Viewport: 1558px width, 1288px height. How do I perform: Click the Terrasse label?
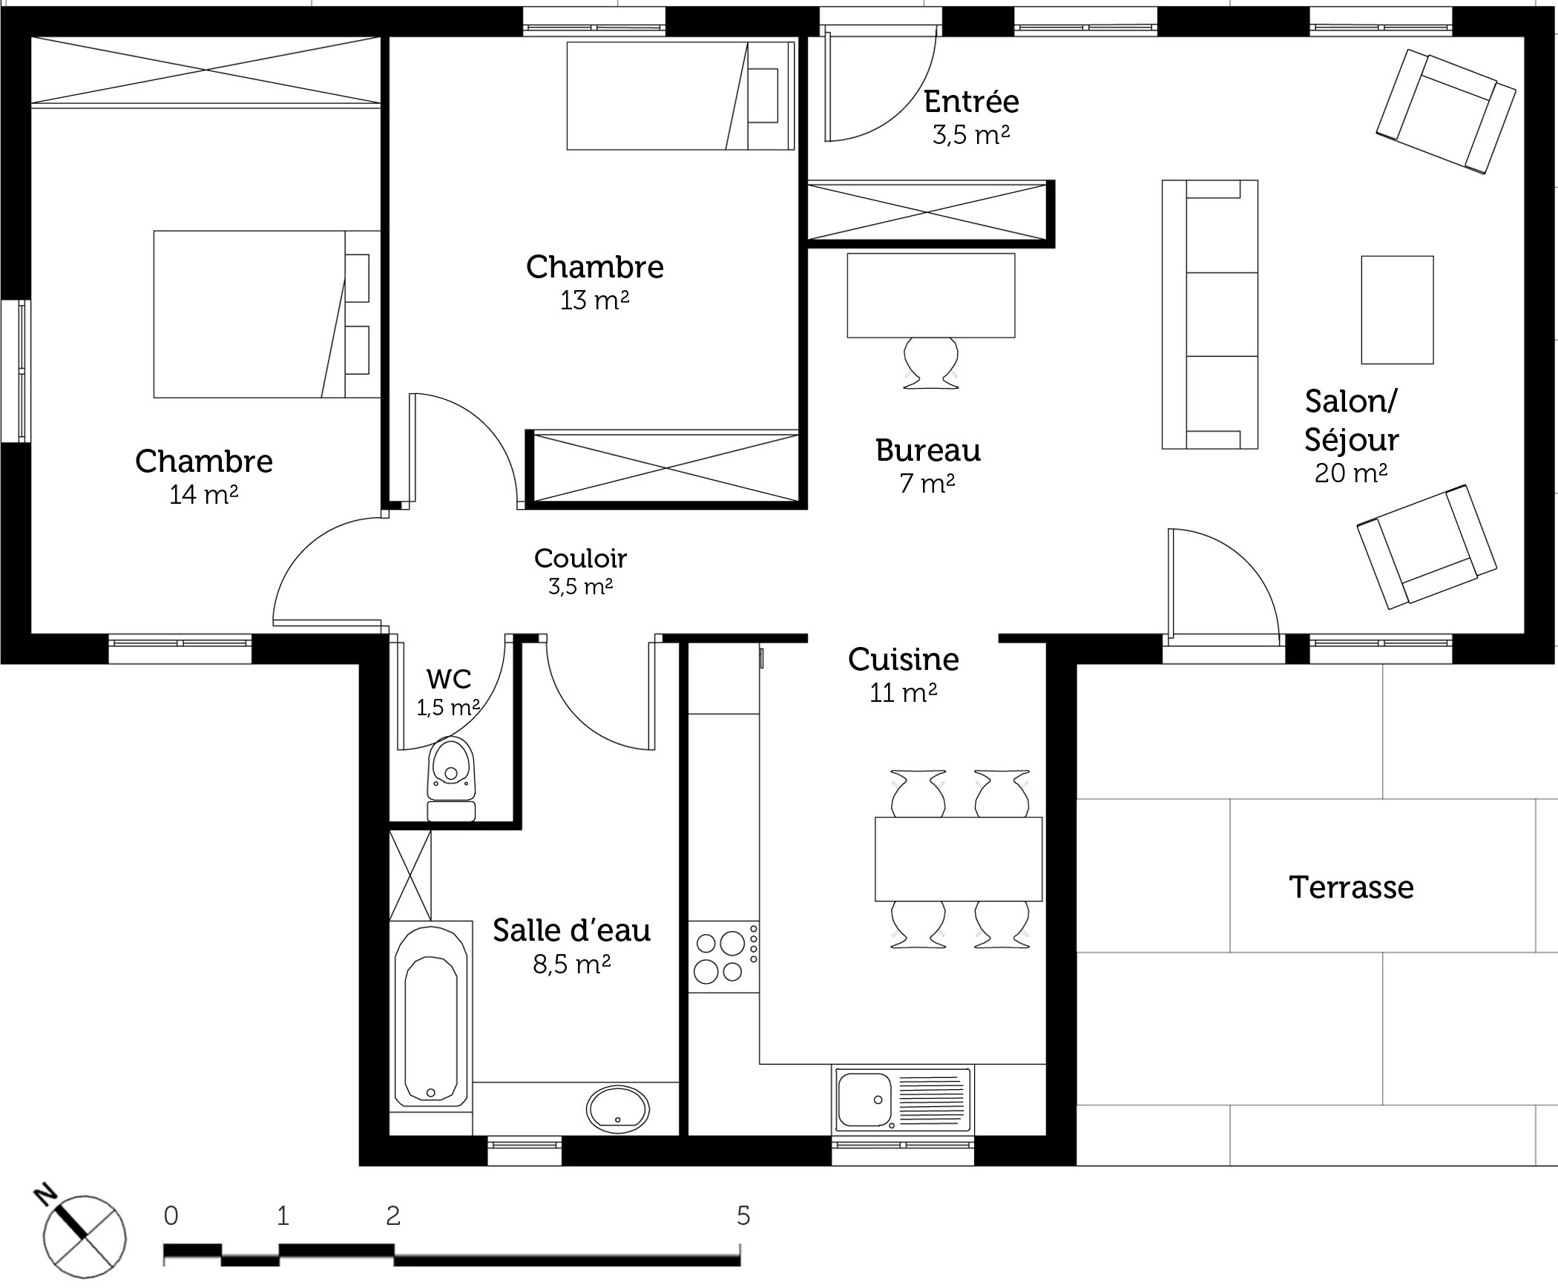(1351, 887)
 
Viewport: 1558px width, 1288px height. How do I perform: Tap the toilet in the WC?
(451, 779)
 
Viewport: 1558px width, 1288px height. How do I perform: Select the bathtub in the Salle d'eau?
(430, 1016)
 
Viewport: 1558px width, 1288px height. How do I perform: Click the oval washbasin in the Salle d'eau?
(618, 1110)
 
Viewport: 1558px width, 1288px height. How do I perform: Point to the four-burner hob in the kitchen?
(723, 956)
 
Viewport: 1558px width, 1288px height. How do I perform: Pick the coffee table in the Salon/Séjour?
(1397, 310)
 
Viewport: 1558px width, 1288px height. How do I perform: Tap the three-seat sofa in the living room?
(1210, 315)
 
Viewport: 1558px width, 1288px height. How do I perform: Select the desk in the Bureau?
(931, 295)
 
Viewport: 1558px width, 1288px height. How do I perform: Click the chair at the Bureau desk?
(931, 363)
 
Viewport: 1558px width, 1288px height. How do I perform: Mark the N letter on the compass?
(46, 1194)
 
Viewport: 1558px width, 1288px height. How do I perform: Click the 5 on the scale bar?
(743, 1215)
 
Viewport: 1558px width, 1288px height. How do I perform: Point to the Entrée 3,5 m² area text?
(971, 135)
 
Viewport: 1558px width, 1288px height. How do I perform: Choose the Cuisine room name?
(904, 659)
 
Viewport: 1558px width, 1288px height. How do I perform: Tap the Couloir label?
(581, 558)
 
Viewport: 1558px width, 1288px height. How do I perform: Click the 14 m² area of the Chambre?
(204, 494)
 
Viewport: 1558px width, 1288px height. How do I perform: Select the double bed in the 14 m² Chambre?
(267, 314)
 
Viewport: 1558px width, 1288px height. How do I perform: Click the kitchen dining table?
(959, 859)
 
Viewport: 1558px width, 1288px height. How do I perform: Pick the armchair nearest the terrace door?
(1427, 547)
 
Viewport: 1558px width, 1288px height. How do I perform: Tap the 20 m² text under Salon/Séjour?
(1351, 473)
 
